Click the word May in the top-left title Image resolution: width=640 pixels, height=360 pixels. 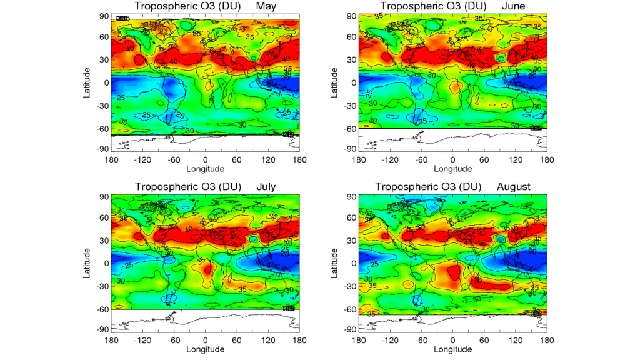point(266,6)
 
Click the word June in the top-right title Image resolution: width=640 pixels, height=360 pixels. point(514,6)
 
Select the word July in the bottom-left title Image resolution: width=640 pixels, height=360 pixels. point(266,187)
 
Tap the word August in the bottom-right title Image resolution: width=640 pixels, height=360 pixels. point(514,187)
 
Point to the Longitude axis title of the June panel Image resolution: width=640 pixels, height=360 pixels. point(452,169)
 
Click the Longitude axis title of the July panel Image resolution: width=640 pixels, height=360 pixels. point(205,349)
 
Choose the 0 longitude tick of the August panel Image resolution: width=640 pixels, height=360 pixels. point(452,341)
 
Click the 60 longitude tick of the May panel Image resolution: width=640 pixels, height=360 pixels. point(237,160)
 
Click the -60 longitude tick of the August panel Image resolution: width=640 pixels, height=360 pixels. point(421,341)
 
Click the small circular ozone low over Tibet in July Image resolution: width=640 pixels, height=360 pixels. point(254,239)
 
